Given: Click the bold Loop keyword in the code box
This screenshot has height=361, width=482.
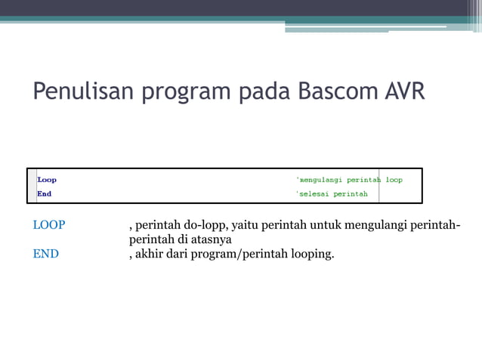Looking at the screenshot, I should pyautogui.click(x=47, y=180).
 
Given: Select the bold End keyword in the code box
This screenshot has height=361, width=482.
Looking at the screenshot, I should pyautogui.click(x=45, y=194).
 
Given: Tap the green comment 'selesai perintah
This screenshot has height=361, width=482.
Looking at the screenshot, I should pyautogui.click(x=332, y=194).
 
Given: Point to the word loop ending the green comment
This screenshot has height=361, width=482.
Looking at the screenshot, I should pyautogui.click(x=394, y=180).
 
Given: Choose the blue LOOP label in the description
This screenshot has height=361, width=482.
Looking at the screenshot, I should pyautogui.click(x=49, y=225).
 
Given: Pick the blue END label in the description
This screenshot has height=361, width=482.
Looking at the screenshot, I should pyautogui.click(x=46, y=254).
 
